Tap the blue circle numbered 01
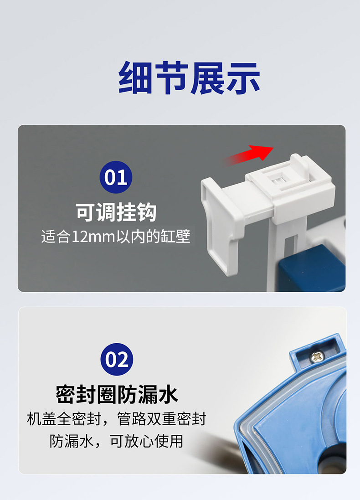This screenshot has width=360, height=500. pos(116,177)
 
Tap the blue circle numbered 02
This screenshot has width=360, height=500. pos(117,360)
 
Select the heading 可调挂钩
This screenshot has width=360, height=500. pos(116,212)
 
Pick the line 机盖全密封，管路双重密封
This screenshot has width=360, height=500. pos(117,418)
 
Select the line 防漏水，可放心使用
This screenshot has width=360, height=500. pos(117,441)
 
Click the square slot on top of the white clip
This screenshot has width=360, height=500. pos(276,179)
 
